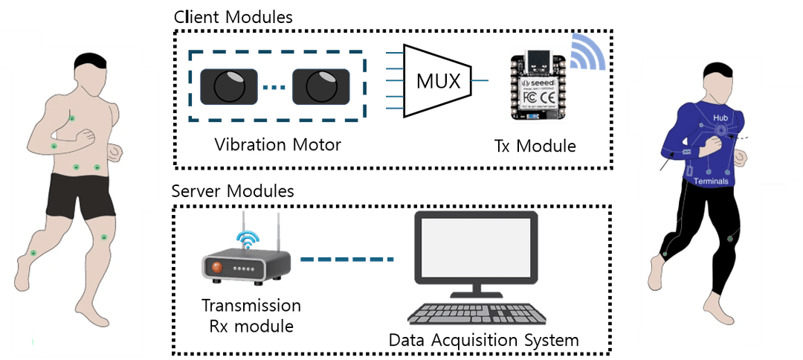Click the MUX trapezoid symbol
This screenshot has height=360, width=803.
point(435,80)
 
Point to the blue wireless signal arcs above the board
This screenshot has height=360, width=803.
point(590,53)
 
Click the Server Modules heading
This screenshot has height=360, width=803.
point(233,190)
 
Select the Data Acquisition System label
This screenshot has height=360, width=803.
point(483,341)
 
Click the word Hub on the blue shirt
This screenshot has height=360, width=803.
point(720,118)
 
